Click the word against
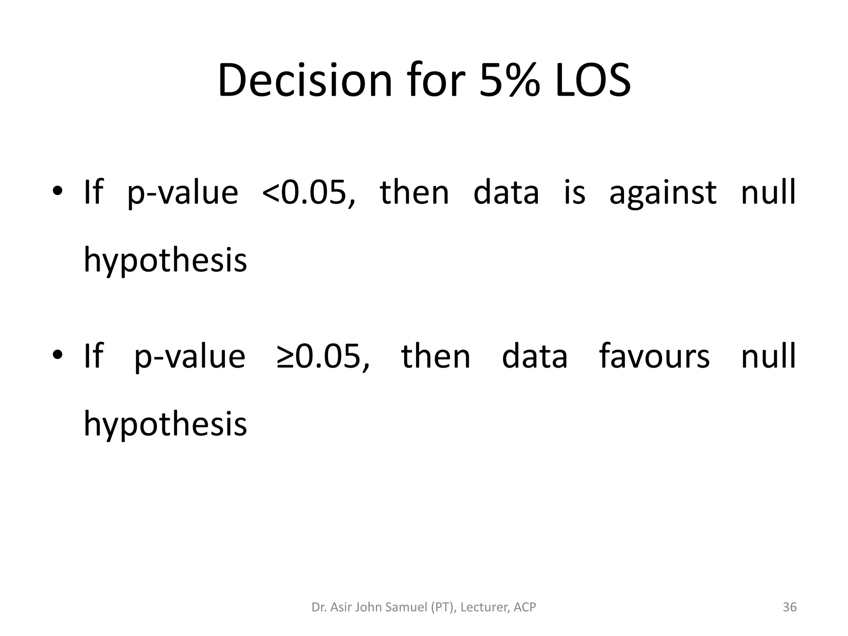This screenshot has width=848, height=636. click(x=662, y=193)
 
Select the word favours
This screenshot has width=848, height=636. click(x=655, y=356)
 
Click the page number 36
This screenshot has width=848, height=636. click(x=790, y=607)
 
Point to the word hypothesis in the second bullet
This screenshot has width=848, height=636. click(x=165, y=424)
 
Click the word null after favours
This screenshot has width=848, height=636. click(x=768, y=356)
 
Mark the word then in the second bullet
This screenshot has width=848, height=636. click(x=436, y=356)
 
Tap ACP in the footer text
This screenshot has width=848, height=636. click(x=525, y=607)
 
